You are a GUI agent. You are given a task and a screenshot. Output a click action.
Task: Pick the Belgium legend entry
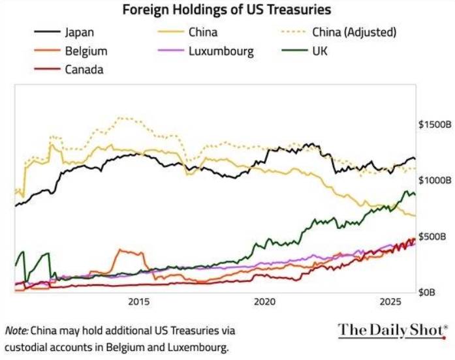86,50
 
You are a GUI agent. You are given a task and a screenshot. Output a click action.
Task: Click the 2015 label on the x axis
138,302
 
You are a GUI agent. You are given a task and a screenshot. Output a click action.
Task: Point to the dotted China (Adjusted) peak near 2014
121,119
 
